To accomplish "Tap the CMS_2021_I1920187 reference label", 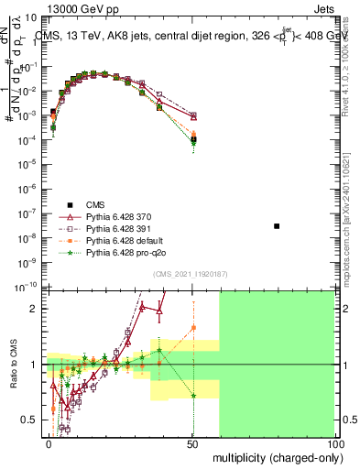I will coord(190,274).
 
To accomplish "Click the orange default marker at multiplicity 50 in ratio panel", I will coord(193,327).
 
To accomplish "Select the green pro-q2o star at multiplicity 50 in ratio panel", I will coord(193,396).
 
